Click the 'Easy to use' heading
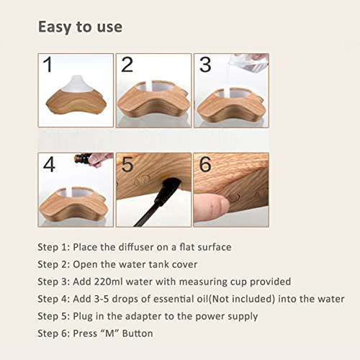(80, 27)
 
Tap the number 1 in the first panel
(48, 65)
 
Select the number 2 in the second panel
(127, 65)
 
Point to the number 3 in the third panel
(205, 65)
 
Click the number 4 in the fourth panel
(49, 164)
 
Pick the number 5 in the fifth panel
(127, 164)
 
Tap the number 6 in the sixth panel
(205, 164)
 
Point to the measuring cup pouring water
(248, 63)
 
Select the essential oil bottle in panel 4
(83, 158)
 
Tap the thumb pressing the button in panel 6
(211, 207)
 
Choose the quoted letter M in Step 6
(109, 333)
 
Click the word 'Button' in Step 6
(138, 333)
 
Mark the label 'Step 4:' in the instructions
(54, 300)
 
